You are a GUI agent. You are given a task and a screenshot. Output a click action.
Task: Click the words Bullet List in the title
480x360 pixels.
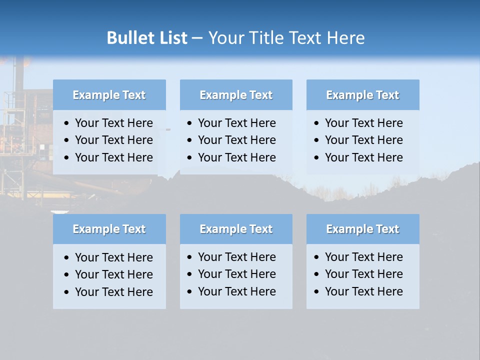click(147, 38)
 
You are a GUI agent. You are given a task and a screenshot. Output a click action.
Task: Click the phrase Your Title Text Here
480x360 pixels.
click(286, 38)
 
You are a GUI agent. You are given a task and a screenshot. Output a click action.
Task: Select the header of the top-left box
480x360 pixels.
click(109, 95)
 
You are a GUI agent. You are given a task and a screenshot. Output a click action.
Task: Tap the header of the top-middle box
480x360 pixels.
click(236, 95)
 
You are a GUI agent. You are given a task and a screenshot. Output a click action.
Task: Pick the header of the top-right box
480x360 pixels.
click(362, 95)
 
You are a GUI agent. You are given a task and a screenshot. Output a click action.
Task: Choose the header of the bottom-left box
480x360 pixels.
click(109, 229)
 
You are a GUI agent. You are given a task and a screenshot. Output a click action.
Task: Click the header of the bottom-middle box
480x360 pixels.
click(236, 229)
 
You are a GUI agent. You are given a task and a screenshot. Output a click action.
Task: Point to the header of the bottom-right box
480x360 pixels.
click(362, 229)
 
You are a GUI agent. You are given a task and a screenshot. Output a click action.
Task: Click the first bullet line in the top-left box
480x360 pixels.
click(113, 123)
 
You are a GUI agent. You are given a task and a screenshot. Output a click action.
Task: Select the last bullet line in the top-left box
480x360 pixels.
click(113, 157)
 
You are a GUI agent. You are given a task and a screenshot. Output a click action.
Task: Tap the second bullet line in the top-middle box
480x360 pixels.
click(236, 140)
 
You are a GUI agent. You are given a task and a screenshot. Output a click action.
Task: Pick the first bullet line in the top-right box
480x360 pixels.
click(363, 123)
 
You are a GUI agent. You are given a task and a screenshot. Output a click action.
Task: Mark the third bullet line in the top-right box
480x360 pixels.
click(363, 157)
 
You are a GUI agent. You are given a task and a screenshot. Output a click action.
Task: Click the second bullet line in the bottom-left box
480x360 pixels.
click(113, 274)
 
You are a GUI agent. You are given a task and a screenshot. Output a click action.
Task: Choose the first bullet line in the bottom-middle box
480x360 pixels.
click(236, 257)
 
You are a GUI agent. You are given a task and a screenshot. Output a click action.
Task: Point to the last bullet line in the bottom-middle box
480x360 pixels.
click(236, 291)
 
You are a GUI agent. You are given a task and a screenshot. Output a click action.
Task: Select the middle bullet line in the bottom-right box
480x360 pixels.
click(363, 274)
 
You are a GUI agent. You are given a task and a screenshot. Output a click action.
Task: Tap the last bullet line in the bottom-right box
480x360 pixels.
click(363, 291)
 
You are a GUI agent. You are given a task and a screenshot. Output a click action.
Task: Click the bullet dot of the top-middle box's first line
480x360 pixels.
click(189, 123)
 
